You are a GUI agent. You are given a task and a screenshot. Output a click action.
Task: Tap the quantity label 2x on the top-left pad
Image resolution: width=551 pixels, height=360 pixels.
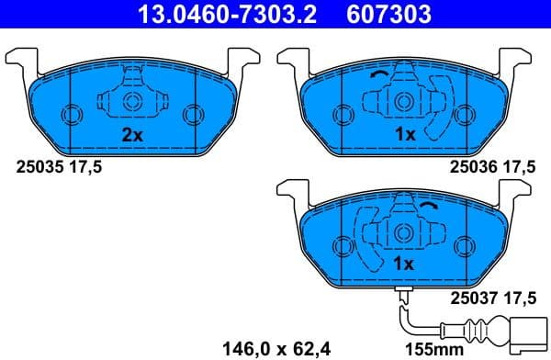(x=133, y=134)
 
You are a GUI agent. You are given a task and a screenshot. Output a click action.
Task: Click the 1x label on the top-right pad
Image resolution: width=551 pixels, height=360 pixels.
(x=405, y=134)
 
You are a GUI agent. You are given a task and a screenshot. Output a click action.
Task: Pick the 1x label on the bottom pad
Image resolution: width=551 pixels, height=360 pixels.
(x=405, y=264)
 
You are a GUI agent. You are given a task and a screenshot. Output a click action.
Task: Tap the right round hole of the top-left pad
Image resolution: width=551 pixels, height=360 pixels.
(x=192, y=115)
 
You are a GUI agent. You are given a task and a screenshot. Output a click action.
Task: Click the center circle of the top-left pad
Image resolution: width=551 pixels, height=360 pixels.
(x=131, y=100)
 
